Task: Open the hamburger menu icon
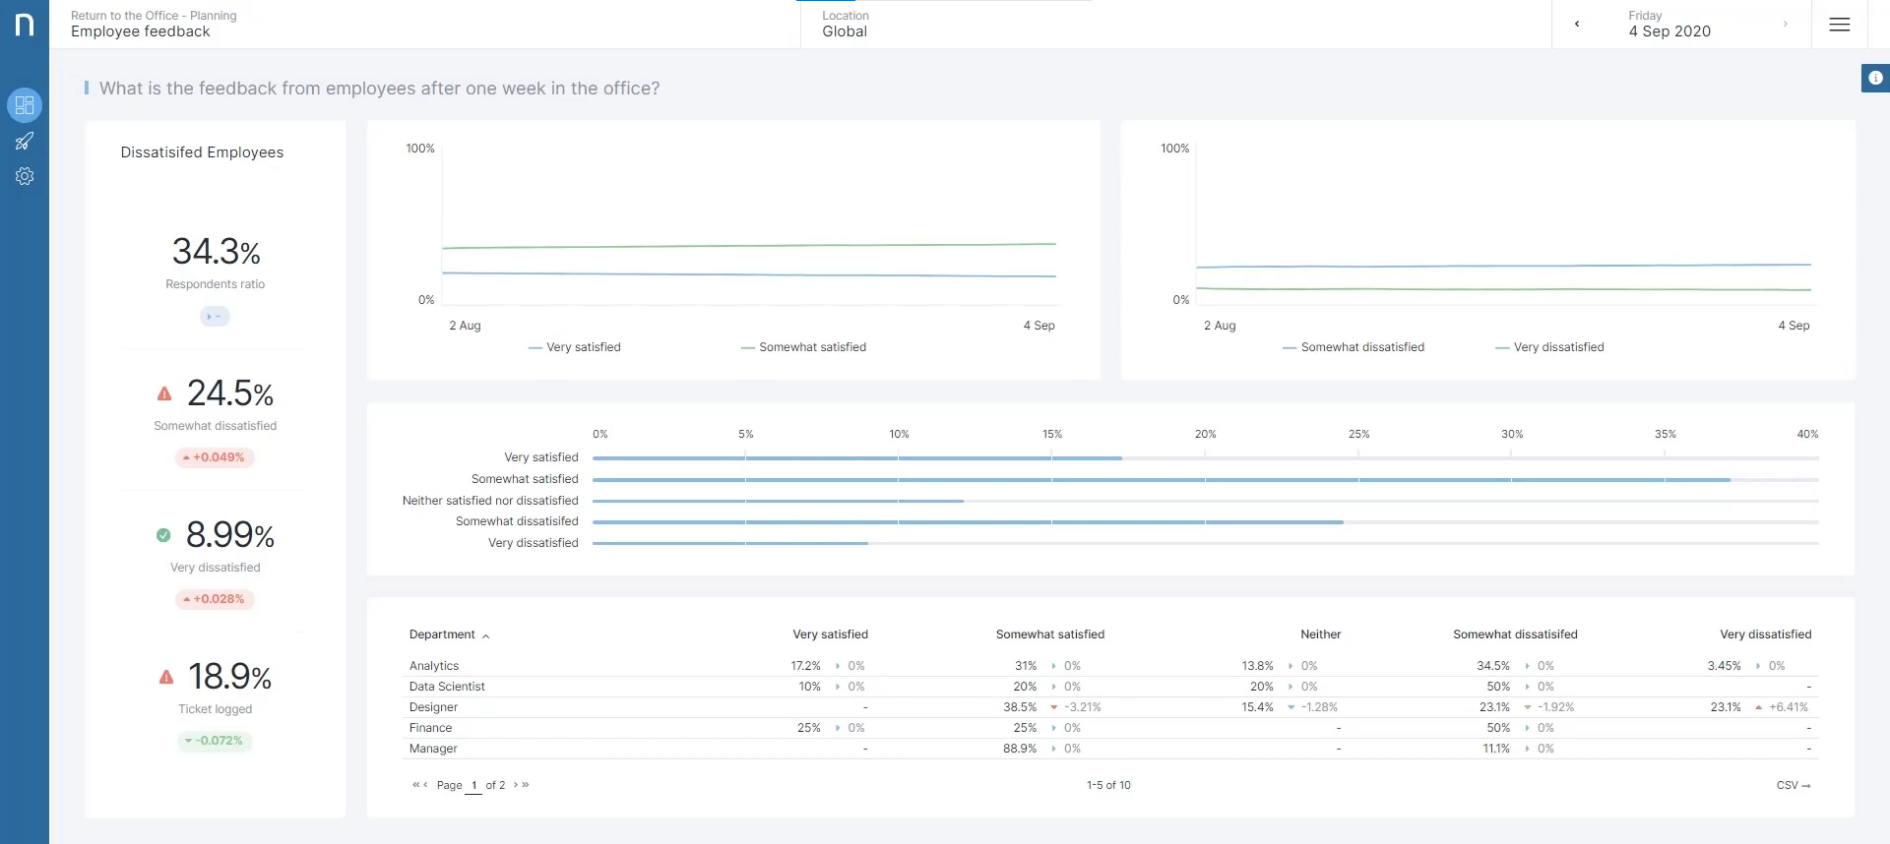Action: [1839, 25]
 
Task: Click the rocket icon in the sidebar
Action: [25, 142]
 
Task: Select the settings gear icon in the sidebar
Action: [25, 176]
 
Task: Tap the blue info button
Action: [1875, 78]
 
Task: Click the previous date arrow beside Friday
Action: [1577, 25]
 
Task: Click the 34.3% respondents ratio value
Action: [217, 252]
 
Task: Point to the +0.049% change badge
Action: [215, 457]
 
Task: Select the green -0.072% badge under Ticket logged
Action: [215, 741]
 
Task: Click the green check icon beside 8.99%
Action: [163, 535]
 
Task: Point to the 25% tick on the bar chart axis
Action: [1358, 434]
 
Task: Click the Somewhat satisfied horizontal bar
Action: [1162, 480]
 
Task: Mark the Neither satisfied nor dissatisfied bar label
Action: [490, 501]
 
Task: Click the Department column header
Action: [442, 634]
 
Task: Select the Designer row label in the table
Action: [433, 707]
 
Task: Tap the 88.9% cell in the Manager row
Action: [1020, 749]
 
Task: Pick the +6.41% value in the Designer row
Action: [1789, 707]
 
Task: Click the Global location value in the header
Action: [845, 31]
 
